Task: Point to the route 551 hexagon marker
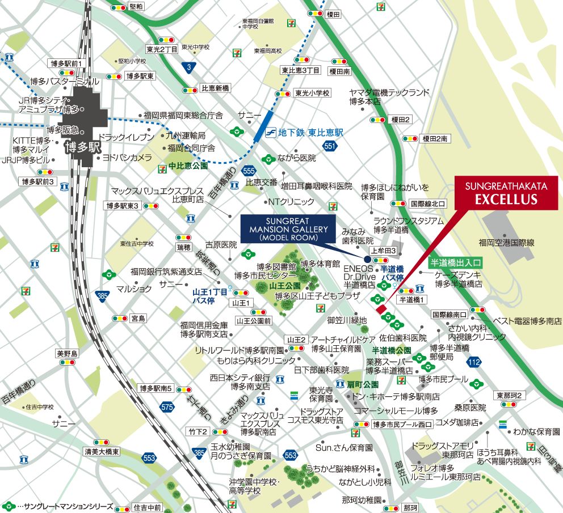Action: click(x=329, y=146)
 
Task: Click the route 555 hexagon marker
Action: click(x=247, y=170)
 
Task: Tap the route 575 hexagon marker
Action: click(x=167, y=406)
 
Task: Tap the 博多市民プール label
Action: click(x=443, y=379)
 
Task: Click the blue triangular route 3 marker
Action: click(x=189, y=67)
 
